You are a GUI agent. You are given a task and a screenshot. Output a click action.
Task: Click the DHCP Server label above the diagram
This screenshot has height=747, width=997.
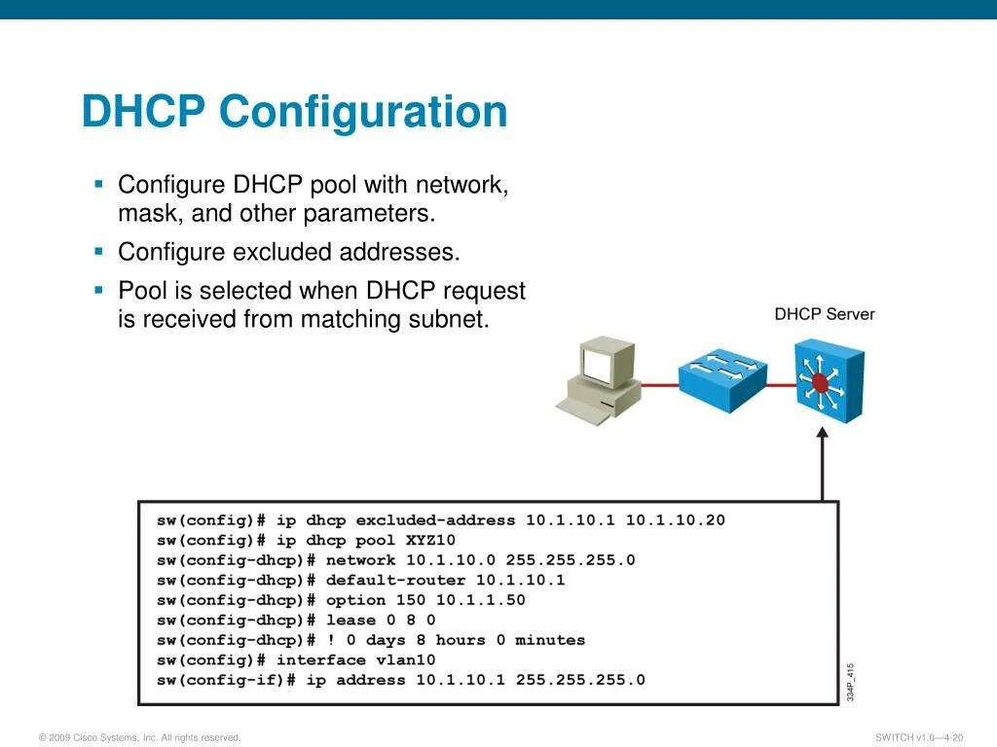click(824, 314)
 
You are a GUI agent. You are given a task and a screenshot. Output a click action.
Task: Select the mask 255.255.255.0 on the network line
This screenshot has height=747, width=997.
click(583, 560)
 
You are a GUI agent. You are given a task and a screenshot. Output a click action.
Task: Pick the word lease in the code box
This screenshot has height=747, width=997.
click(351, 620)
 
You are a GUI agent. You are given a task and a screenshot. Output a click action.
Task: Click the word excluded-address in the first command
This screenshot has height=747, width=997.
click(435, 520)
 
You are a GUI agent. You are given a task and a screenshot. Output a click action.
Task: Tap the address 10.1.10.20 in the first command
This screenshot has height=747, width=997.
click(675, 520)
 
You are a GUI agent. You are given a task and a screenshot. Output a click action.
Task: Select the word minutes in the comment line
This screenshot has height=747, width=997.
click(550, 640)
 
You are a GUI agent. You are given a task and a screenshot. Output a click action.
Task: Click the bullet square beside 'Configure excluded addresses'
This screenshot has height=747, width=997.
click(98, 251)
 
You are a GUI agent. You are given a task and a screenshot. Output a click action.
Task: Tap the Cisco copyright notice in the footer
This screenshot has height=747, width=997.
click(139, 737)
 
